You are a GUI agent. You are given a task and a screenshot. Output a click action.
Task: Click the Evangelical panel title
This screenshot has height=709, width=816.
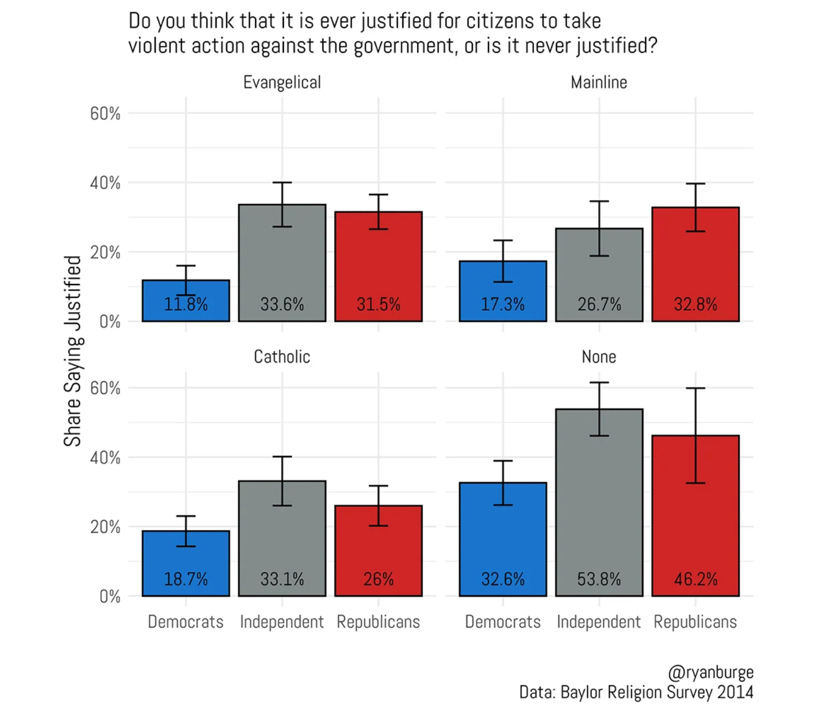[x=282, y=82]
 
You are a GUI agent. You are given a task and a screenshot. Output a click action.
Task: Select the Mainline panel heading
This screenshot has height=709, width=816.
[x=599, y=82]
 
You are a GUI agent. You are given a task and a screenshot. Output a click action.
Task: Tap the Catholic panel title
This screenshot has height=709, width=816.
[x=282, y=357]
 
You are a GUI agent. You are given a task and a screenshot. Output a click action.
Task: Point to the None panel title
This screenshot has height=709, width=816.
[x=599, y=357]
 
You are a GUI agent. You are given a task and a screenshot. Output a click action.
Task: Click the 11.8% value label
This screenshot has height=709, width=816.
[x=186, y=304]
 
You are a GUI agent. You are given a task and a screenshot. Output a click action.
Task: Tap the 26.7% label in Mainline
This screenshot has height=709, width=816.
[x=599, y=304]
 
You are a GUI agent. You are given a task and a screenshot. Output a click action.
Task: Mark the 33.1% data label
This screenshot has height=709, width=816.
[x=282, y=579]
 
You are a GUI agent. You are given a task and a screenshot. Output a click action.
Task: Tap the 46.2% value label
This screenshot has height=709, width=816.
[x=695, y=579]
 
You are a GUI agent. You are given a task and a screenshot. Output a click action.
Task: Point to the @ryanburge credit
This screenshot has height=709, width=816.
[x=710, y=672]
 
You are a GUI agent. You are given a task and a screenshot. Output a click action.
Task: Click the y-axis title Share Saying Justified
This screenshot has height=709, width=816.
[x=73, y=351]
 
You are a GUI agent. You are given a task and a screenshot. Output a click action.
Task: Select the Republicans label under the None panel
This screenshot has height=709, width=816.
[x=695, y=622]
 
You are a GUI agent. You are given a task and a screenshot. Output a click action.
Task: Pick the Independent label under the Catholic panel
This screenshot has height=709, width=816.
[x=282, y=622]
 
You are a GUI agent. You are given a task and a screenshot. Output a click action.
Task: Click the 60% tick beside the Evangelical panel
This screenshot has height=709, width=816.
[x=105, y=113]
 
